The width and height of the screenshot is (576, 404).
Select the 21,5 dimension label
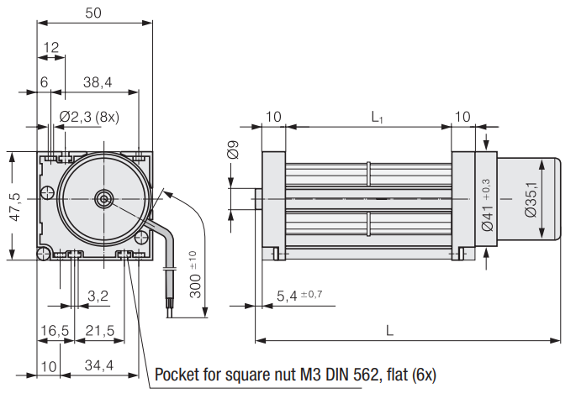pos(99,330)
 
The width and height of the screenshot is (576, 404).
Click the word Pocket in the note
pos(180,375)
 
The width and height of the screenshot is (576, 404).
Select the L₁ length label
pos(378,117)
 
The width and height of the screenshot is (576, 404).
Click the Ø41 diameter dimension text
pos(487,205)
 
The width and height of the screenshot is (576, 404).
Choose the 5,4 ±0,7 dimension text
pos(299,295)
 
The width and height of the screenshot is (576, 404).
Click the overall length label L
pos(389,330)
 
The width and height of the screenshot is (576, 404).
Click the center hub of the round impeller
pos(103,198)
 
